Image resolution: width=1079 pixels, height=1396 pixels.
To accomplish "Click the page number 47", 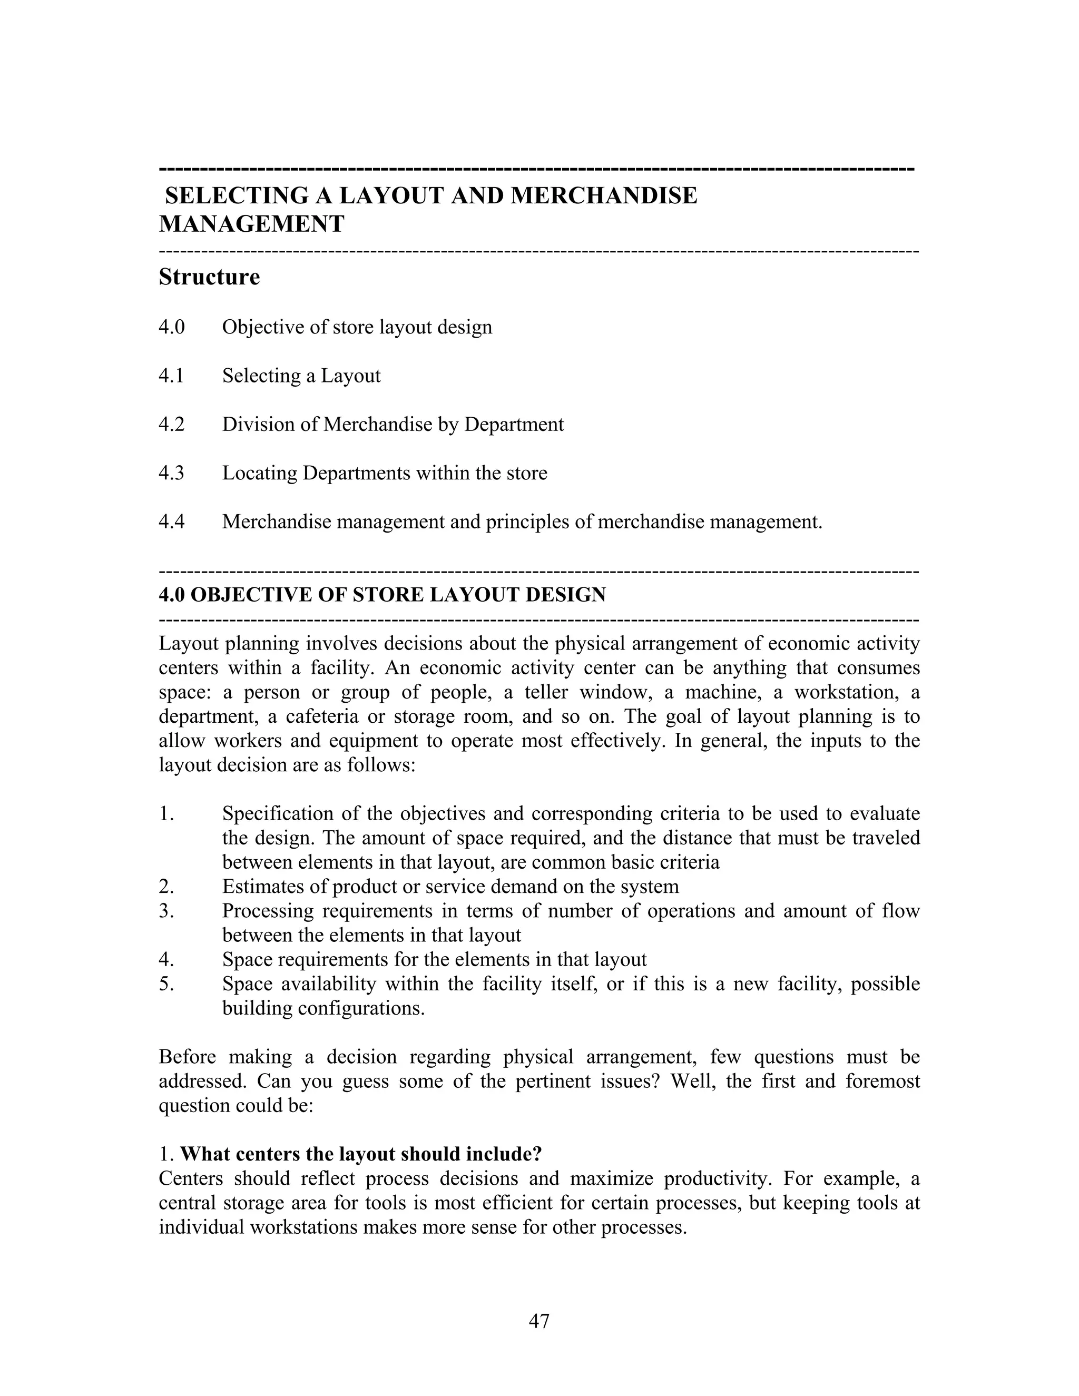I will pyautogui.click(x=539, y=1321).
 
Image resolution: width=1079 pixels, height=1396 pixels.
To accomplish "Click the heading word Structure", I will pyautogui.click(x=209, y=277).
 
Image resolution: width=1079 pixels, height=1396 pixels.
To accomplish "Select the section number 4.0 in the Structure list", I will pyautogui.click(x=171, y=327).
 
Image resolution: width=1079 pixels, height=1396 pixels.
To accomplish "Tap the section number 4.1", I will pyautogui.click(x=171, y=376).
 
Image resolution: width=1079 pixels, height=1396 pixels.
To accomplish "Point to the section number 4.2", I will pyautogui.click(x=171, y=425).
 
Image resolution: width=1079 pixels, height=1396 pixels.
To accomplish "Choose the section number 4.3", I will pyautogui.click(x=171, y=474).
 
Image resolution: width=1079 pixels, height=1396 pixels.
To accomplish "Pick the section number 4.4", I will pyautogui.click(x=171, y=522).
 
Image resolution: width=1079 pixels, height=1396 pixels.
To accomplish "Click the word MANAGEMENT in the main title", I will pyautogui.click(x=251, y=224).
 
